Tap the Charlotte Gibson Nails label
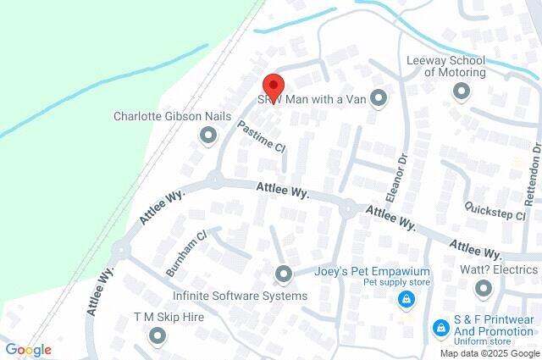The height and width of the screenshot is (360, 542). tap(162, 116)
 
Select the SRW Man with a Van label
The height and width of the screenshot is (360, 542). tap(311, 98)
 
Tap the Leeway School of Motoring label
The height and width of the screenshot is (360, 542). tap(446, 66)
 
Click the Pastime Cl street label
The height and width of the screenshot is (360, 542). tap(261, 136)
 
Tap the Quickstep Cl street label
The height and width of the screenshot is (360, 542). tap(495, 211)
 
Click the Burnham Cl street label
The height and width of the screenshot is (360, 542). tap(186, 252)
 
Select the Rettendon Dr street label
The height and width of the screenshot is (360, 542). tap(533, 174)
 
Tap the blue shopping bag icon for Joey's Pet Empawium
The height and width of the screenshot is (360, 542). tap(406, 300)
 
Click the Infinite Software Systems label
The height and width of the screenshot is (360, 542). tap(240, 296)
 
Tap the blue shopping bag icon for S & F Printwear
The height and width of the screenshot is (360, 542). tap(440, 326)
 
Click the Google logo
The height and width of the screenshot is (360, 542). tap(28, 350)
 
